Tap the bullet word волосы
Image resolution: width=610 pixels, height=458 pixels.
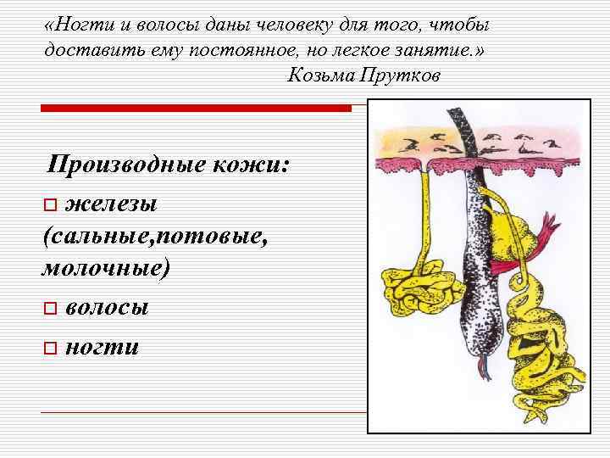tap(107, 306)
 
